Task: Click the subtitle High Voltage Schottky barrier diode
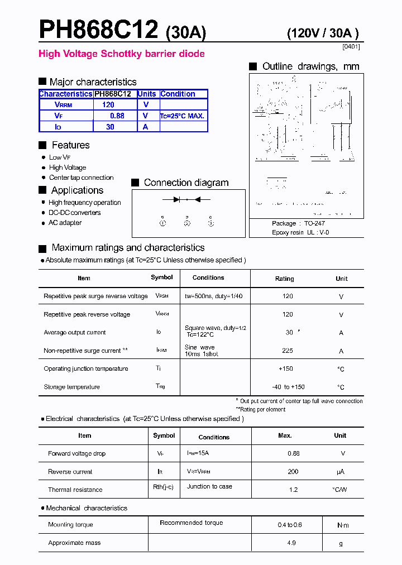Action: (121, 54)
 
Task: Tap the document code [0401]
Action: (351, 47)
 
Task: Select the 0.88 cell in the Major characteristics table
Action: (117, 116)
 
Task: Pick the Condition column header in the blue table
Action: (178, 94)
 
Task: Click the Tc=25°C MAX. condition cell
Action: (183, 116)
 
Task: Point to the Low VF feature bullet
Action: (59, 157)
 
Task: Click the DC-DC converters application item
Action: (74, 213)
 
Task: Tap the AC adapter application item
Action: (65, 223)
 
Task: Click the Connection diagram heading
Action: (186, 183)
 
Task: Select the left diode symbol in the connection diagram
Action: (176, 199)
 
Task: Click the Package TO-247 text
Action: (298, 223)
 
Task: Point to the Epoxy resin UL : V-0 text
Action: (300, 232)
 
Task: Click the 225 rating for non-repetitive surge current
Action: (288, 351)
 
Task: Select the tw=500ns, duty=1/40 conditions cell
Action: (214, 296)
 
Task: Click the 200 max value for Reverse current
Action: (293, 472)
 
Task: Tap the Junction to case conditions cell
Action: (209, 486)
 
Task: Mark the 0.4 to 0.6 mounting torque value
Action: (290, 525)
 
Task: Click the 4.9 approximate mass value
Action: (291, 543)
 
